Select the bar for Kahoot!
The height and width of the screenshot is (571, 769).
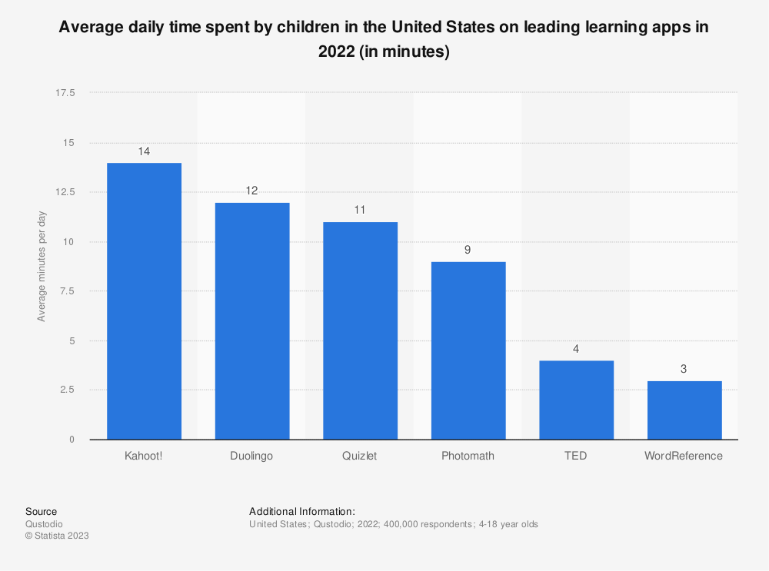144,300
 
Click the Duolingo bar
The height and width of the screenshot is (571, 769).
252,320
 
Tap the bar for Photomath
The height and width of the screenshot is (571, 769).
468,350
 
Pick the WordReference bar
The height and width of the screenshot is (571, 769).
684,410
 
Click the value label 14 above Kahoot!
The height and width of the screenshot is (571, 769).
144,151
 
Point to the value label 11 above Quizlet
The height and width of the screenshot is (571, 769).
360,210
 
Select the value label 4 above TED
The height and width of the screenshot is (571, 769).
576,349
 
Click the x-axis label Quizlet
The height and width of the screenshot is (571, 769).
360,456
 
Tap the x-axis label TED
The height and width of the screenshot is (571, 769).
576,456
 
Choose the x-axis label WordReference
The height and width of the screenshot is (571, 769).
684,456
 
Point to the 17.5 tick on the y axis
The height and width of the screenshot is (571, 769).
65,93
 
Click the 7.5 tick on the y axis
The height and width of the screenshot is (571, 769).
68,291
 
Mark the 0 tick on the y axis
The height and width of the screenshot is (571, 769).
72,440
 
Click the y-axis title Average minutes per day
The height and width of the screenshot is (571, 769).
42,266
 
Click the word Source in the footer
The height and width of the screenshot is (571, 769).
41,511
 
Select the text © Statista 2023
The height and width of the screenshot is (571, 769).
57,536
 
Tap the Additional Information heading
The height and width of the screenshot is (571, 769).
301,511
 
